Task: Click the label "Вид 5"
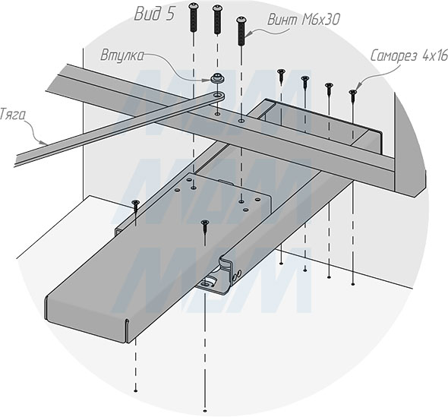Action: (x=154, y=14)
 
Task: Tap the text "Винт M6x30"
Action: (x=304, y=20)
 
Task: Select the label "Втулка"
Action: (x=122, y=55)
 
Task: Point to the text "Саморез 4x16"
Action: (x=409, y=55)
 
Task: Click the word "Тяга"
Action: (x=12, y=114)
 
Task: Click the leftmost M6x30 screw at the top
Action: (x=194, y=17)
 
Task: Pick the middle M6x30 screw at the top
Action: (x=217, y=20)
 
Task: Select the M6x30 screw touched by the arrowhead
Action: (x=241, y=31)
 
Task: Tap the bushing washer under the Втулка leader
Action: (x=217, y=78)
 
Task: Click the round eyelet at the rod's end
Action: (x=219, y=95)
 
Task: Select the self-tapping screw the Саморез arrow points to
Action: (x=353, y=96)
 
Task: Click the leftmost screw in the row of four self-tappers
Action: (x=282, y=77)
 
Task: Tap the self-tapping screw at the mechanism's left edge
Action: (x=135, y=207)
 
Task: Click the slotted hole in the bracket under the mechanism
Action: (x=206, y=284)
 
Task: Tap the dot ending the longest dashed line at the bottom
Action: (x=204, y=411)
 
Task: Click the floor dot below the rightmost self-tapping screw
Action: (x=353, y=284)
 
